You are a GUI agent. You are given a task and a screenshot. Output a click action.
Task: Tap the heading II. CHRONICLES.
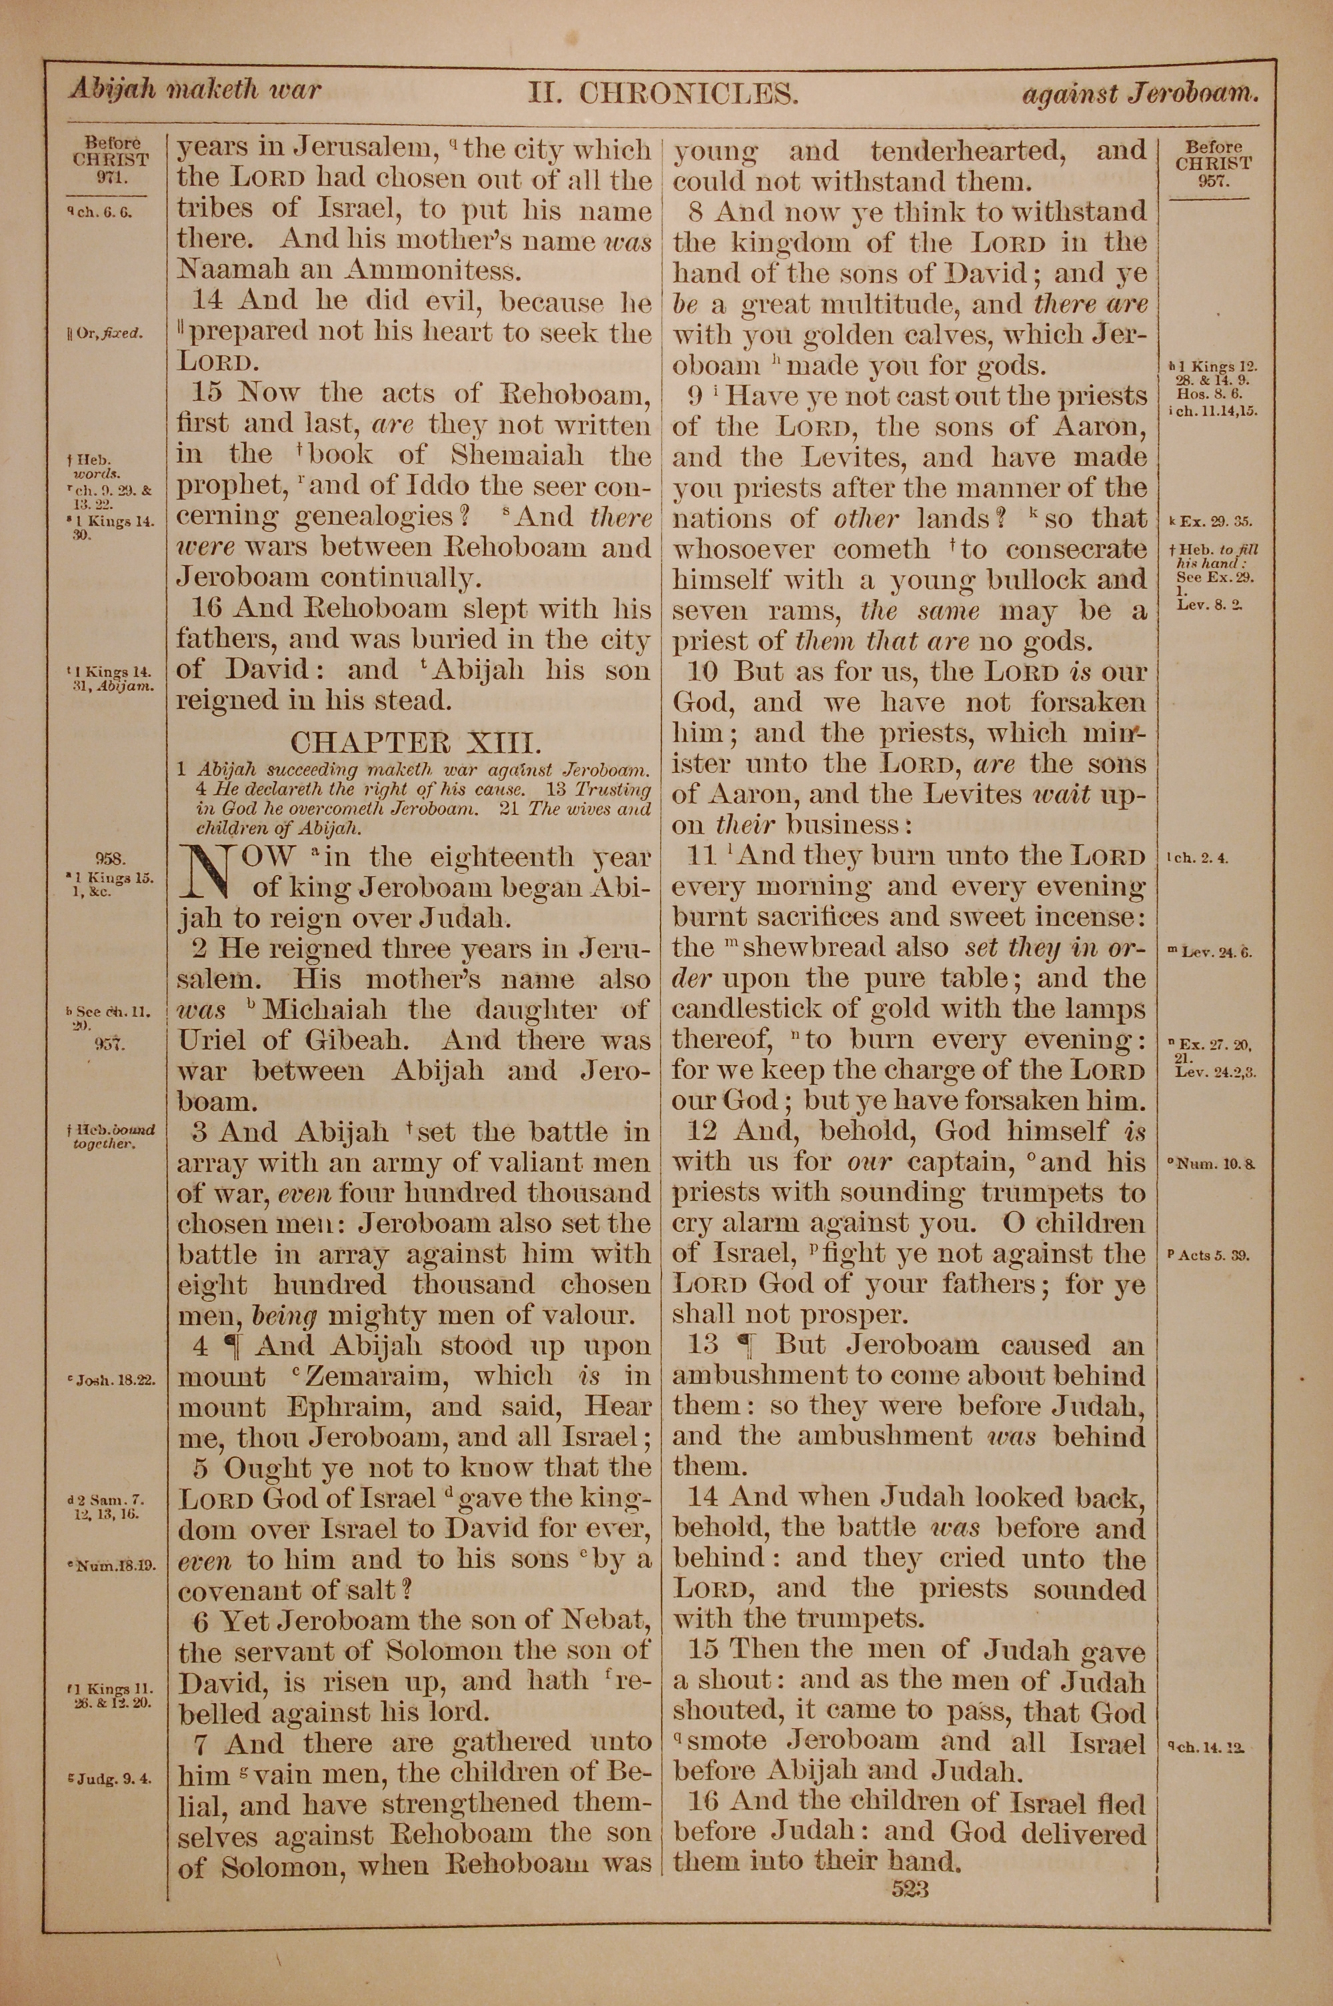(x=663, y=92)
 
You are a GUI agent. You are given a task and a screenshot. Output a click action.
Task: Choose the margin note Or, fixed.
(x=109, y=333)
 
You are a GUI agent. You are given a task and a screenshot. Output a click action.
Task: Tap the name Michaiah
(x=325, y=1010)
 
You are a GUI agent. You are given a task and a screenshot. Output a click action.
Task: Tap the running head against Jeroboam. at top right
(x=1139, y=93)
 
